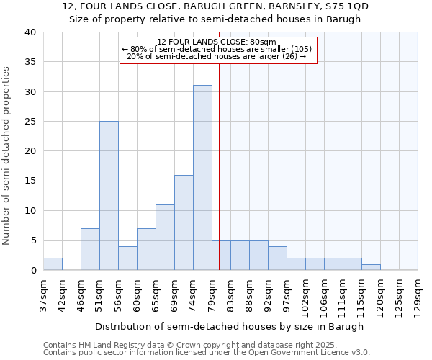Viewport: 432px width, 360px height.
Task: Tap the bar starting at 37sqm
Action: coord(53,264)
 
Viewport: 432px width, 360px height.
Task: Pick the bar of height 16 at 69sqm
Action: coord(184,222)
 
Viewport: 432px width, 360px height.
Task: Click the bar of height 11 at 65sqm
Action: coord(165,238)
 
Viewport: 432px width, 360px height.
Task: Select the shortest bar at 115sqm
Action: coord(371,267)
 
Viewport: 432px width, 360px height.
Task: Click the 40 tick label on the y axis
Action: coord(30,32)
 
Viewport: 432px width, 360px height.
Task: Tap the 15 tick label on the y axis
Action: coord(30,181)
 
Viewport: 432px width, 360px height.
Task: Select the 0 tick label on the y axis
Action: coord(32,270)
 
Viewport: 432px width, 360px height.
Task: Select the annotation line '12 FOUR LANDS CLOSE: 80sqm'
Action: coord(217,42)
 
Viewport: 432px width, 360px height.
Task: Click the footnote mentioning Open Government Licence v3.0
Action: coord(207,353)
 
